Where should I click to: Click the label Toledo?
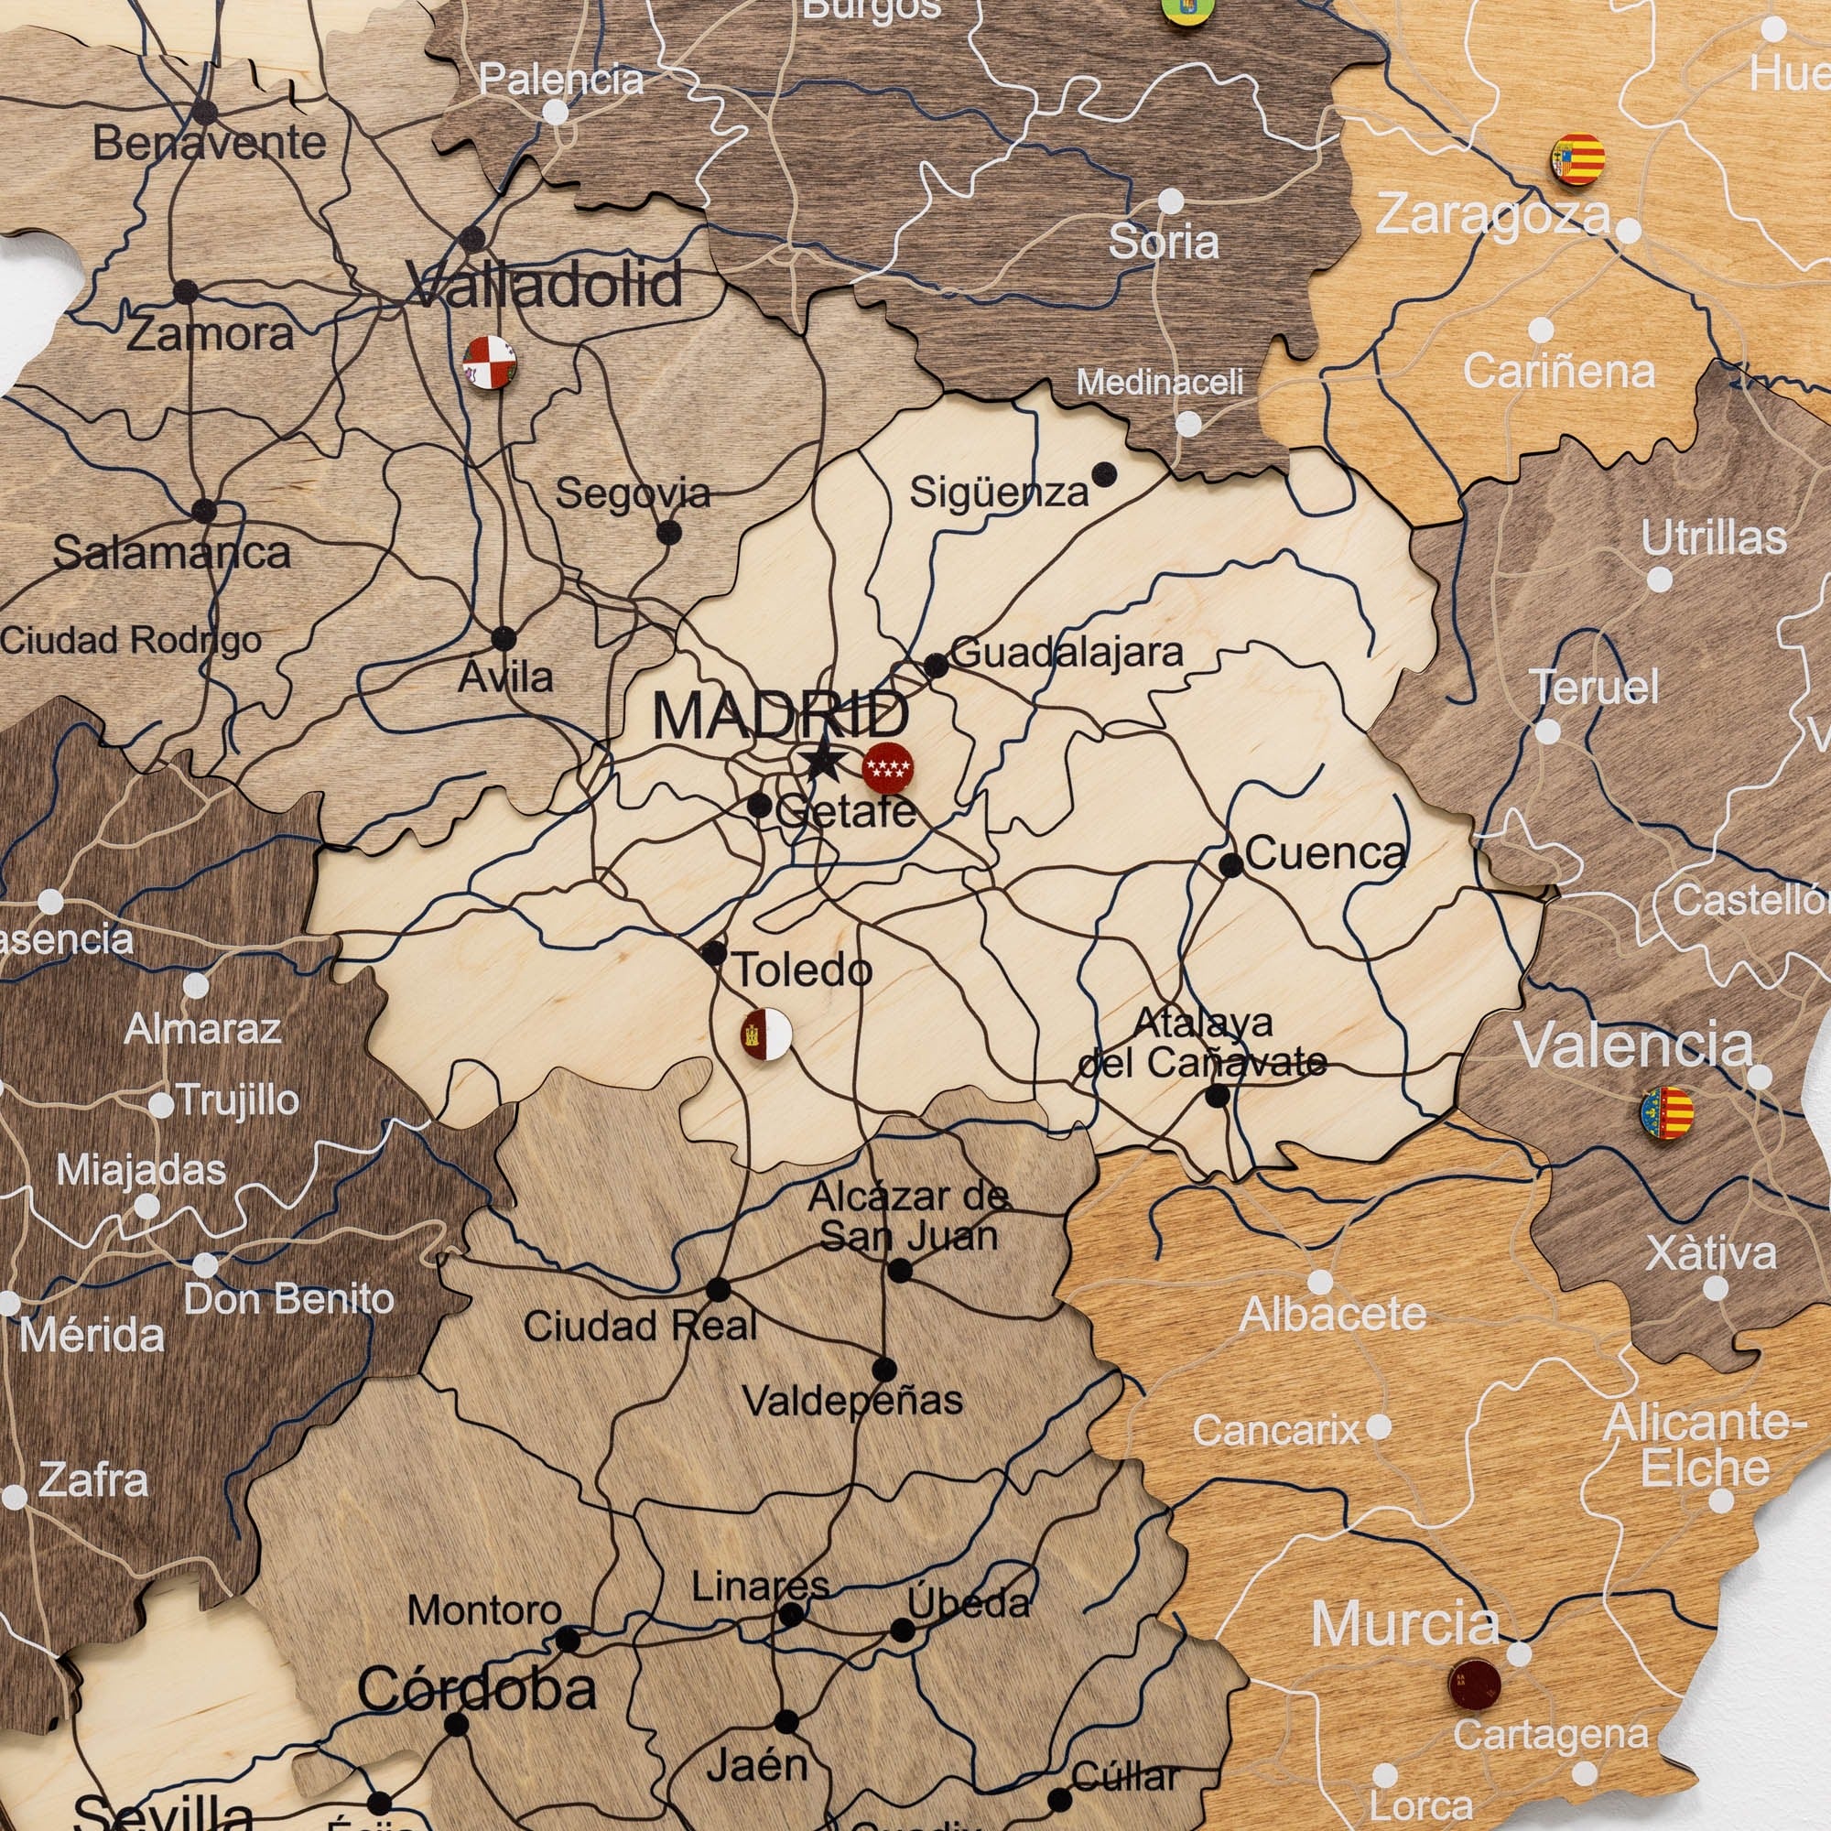pos(803,970)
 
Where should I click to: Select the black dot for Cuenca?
pos(1231,864)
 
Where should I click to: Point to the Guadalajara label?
pos(1067,652)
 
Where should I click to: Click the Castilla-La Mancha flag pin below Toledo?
pos(765,1034)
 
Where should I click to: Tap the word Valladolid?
pos(545,285)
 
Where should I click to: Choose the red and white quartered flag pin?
pos(489,362)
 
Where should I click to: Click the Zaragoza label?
pos(1492,215)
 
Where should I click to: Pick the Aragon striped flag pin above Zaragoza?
pos(1577,159)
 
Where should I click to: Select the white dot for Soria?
pos(1172,200)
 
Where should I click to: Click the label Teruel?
pos(1597,688)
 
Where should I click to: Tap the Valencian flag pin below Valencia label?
pos(1667,1112)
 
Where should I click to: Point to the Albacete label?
pos(1332,1314)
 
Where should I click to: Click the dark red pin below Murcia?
pos(1474,1685)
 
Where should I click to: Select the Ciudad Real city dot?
pos(719,1289)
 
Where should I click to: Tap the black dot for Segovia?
pos(669,532)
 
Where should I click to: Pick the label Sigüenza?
pos(999,492)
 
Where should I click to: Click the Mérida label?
pos(91,1337)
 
